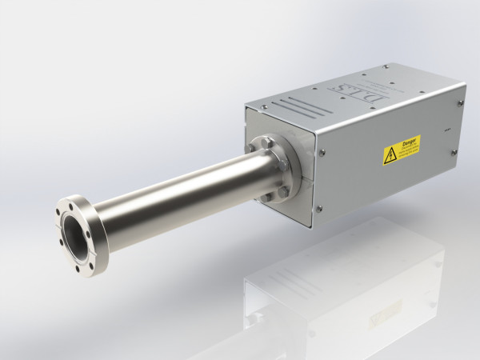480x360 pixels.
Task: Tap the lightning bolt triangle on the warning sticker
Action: (x=390, y=156)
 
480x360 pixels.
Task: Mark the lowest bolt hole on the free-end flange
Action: (x=78, y=267)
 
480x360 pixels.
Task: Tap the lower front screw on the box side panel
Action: (x=319, y=209)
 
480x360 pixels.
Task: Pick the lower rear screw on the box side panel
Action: (x=454, y=152)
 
